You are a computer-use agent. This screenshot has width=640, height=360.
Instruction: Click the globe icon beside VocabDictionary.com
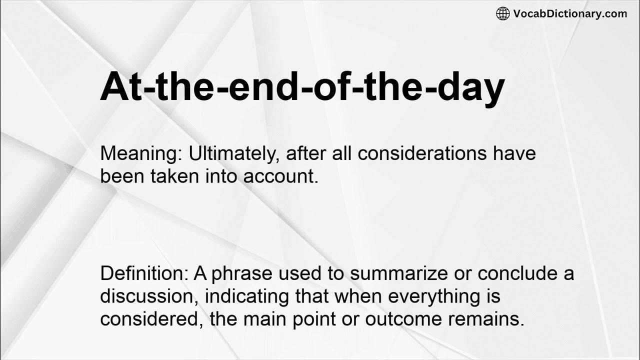pyautogui.click(x=502, y=13)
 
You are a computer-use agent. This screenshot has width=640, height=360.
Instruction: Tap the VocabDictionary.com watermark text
pyautogui.click(x=570, y=13)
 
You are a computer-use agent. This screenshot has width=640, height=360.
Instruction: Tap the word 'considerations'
pyautogui.click(x=422, y=153)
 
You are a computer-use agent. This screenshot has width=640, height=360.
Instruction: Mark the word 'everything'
pyautogui.click(x=429, y=296)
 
